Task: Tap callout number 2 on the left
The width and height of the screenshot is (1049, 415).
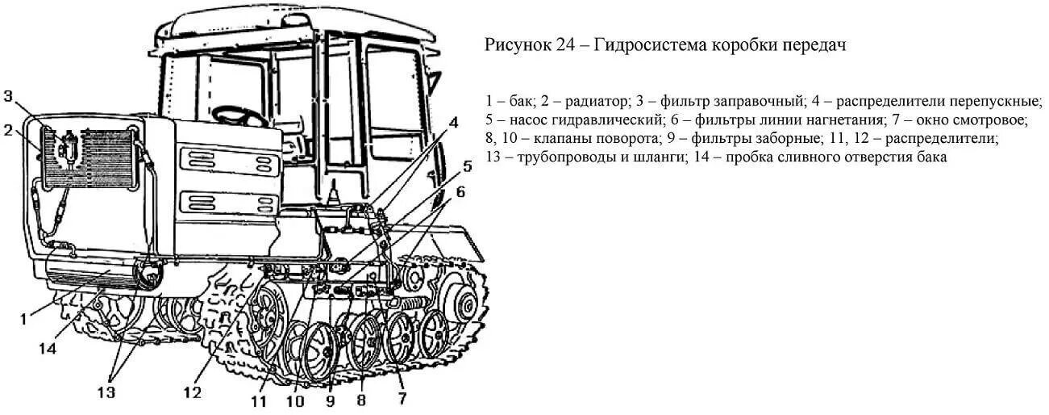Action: [8, 129]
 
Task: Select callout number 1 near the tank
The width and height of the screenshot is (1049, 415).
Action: [23, 319]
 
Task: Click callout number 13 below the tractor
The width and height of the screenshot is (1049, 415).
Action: [106, 392]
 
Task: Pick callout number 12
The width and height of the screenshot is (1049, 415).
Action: [191, 393]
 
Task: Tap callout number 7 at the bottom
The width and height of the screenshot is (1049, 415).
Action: [402, 398]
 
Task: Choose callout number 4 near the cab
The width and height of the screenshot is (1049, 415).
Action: [453, 123]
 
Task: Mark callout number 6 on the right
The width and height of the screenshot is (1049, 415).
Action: [460, 191]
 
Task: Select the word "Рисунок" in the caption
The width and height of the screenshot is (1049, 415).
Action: [517, 45]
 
